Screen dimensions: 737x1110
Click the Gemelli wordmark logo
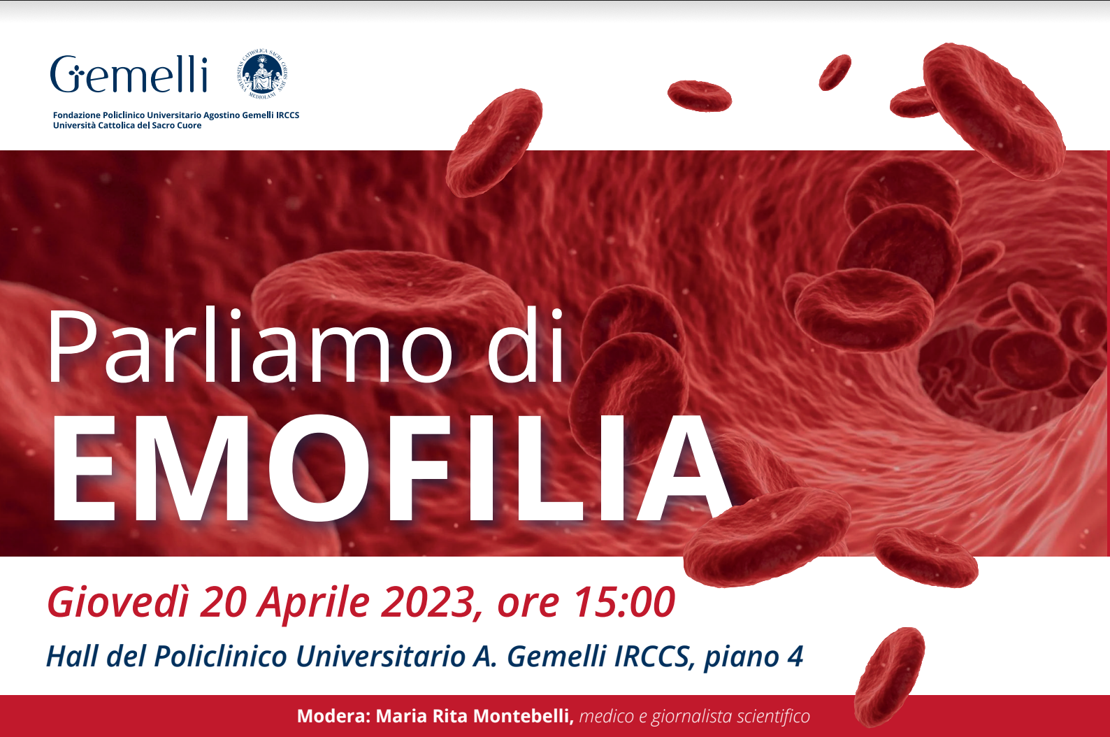point(129,75)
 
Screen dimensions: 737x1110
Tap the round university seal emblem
point(263,73)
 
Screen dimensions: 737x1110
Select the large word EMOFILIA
point(389,469)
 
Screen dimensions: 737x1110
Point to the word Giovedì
point(117,602)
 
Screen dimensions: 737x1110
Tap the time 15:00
point(624,602)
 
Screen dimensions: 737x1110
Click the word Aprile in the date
point(314,602)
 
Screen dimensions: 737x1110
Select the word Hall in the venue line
point(71,657)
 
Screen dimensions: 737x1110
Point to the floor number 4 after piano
point(795,657)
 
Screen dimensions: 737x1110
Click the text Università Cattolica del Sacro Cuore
point(127,126)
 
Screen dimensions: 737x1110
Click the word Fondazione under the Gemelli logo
point(76,115)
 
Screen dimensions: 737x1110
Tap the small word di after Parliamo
point(526,348)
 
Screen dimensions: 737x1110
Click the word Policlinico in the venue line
point(220,657)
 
